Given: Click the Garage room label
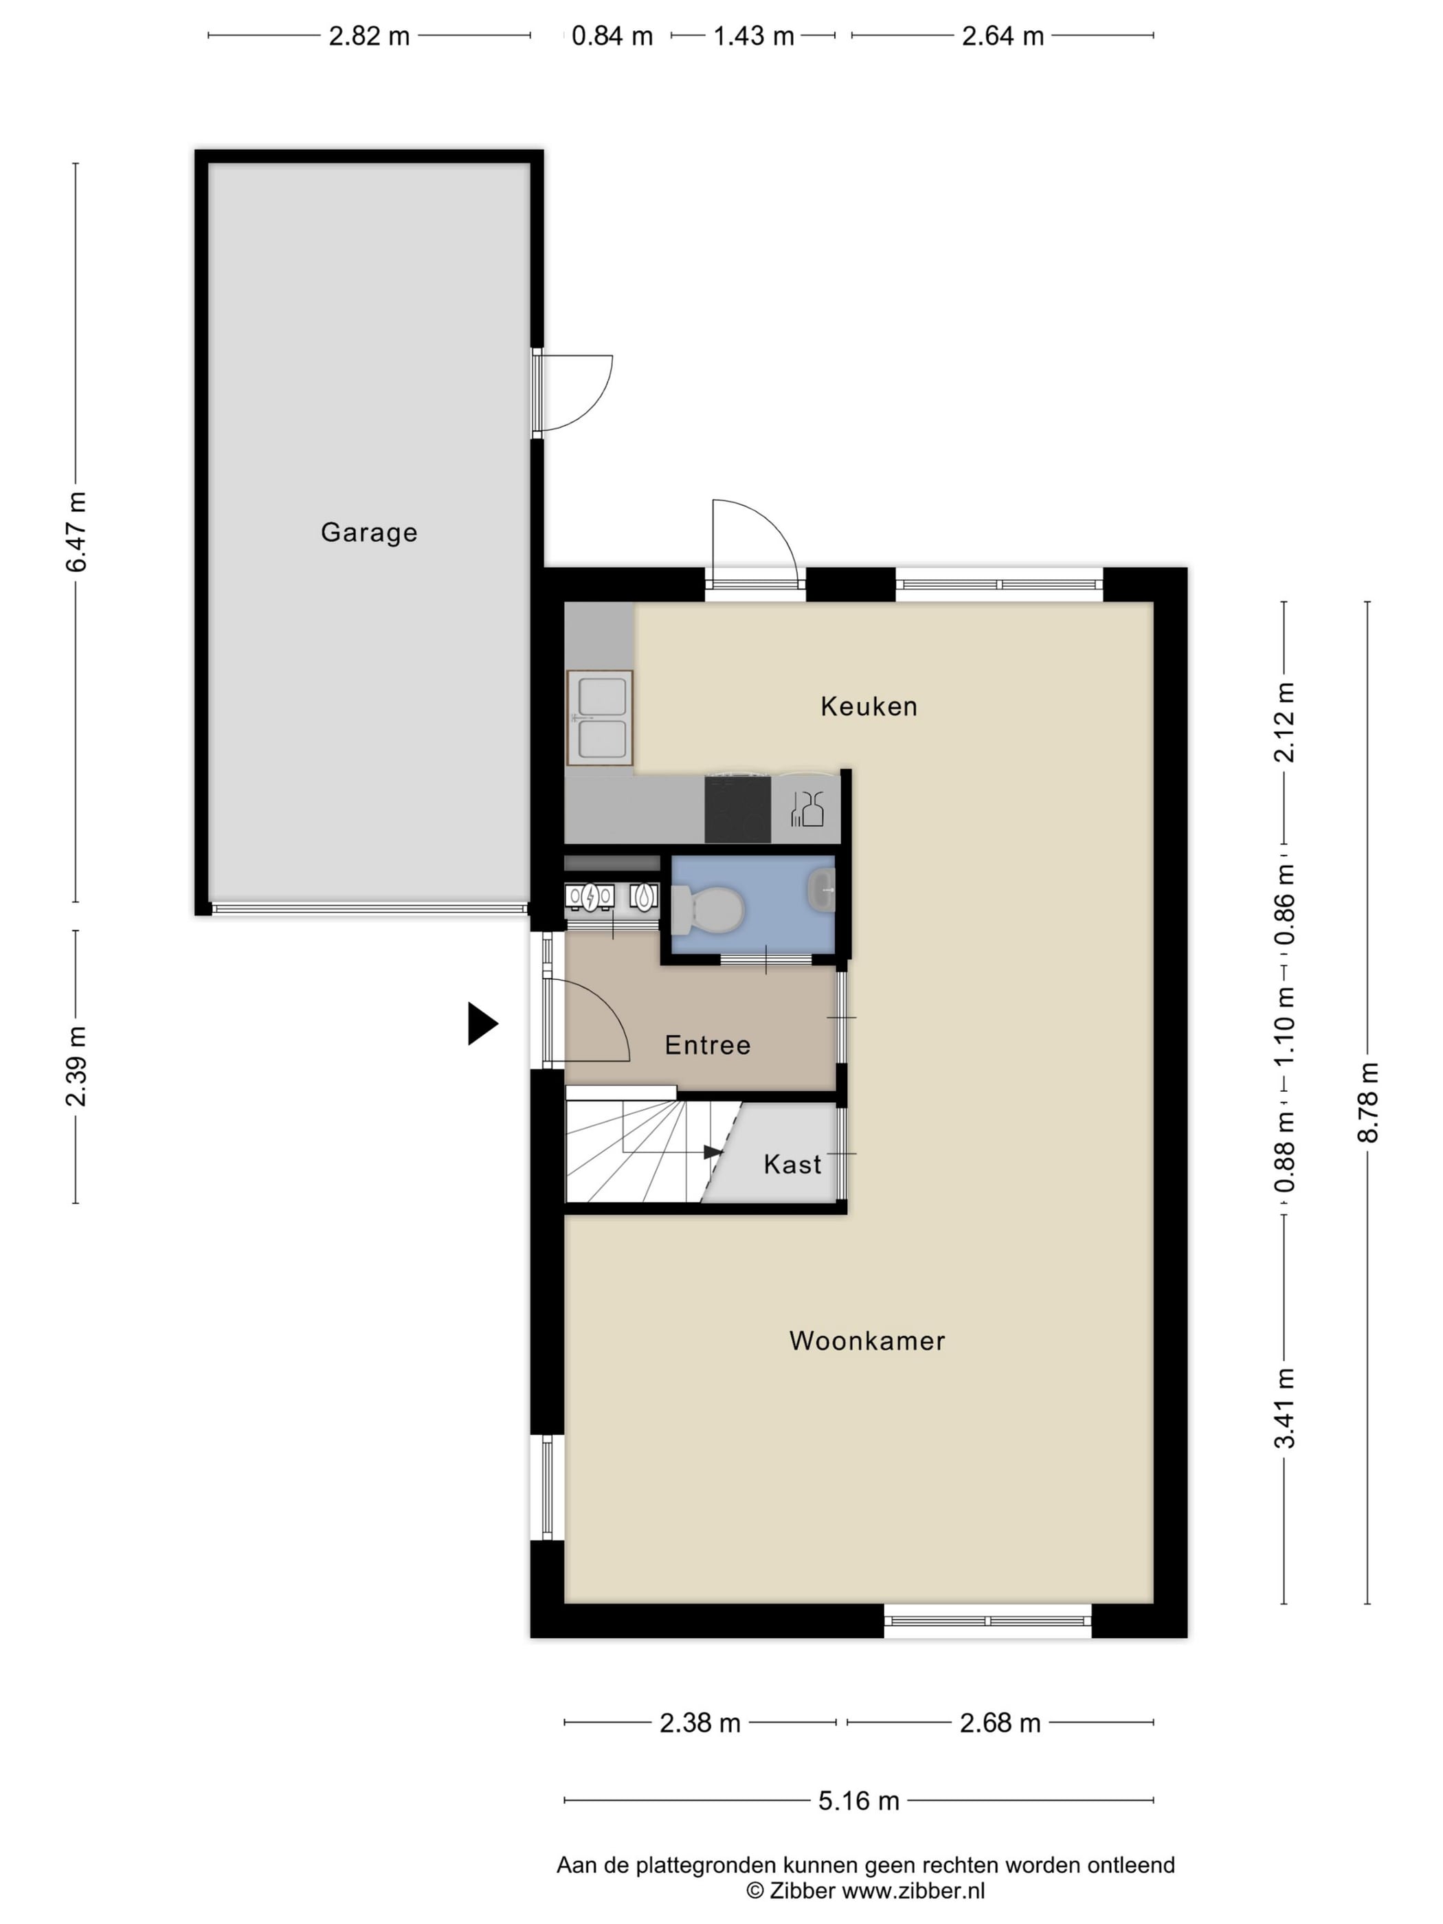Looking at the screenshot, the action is [369, 533].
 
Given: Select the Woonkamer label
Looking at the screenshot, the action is [867, 1341].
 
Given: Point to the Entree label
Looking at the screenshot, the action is [707, 1044].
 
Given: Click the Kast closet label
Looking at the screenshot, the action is [792, 1164].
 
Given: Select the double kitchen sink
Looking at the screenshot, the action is [599, 717].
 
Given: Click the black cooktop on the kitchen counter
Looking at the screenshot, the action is [737, 809].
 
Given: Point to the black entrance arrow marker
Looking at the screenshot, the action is [483, 1024].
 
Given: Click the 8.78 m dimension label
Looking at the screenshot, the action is [1368, 1102].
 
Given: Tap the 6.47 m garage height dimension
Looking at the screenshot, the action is [76, 531].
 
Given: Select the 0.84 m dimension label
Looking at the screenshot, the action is [612, 36].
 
